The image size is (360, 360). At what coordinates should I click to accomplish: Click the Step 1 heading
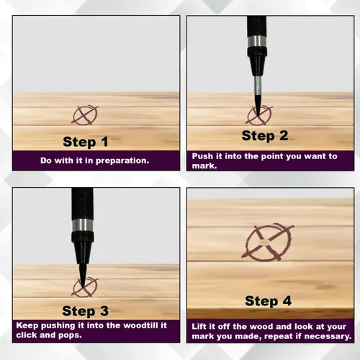coord(86,142)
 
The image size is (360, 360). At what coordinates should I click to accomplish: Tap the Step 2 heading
coord(265,136)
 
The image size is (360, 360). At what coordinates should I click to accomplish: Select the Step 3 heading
coord(85,311)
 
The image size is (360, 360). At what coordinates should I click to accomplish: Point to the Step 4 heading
coord(268,301)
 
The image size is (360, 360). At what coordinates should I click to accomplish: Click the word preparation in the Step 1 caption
coord(122,161)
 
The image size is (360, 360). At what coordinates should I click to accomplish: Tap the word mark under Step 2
coord(204,166)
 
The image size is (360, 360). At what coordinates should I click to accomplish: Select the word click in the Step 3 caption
coord(26,335)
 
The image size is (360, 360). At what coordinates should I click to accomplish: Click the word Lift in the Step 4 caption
coord(199,327)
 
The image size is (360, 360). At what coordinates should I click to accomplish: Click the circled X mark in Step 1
coord(85,115)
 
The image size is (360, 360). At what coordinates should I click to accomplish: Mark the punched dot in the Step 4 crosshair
coord(264,243)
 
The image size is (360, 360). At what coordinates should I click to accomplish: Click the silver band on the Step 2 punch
coord(257,41)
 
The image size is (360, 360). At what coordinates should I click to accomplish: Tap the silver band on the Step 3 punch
coord(82,225)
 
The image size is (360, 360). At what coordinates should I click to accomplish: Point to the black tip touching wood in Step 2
coord(258,104)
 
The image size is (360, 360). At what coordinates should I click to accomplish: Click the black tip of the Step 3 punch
coord(83,276)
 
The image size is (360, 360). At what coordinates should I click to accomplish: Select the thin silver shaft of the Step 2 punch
coord(258,85)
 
